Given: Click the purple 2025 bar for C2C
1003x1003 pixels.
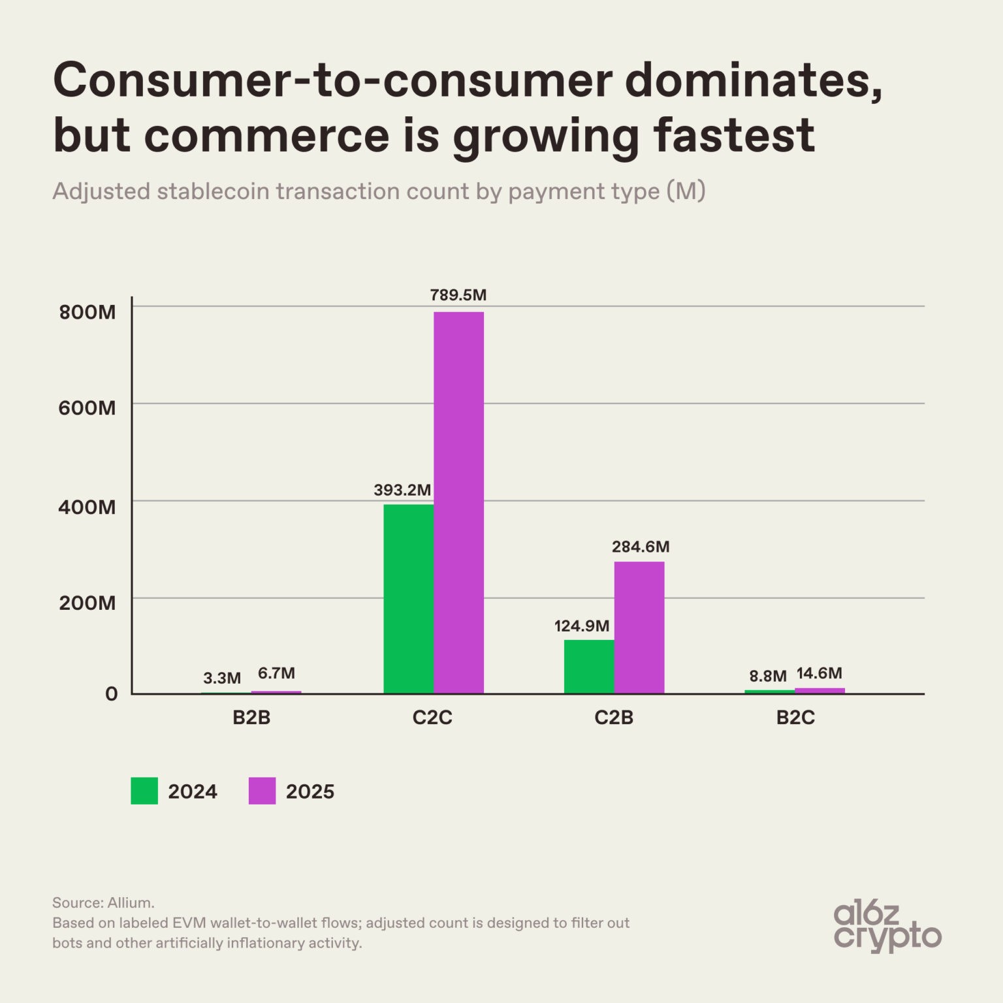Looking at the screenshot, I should (458, 503).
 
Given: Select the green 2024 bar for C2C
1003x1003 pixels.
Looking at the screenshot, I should (408, 599).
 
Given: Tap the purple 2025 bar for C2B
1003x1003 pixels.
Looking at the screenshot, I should (639, 628).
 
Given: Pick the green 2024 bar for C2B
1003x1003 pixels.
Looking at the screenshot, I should (589, 667).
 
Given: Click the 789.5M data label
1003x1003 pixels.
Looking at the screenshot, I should (458, 295).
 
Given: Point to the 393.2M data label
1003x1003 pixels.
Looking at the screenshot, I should (402, 490).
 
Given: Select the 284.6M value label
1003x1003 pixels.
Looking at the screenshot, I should (641, 547).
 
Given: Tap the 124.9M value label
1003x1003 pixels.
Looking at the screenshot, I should (582, 626).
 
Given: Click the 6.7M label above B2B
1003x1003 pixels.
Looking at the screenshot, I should (276, 673).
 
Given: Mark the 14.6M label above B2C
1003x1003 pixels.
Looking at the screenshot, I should (820, 673).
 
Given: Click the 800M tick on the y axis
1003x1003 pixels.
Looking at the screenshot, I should (88, 312).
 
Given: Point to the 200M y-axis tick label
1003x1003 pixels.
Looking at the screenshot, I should (88, 603).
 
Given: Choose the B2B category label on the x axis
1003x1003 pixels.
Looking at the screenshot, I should (251, 718).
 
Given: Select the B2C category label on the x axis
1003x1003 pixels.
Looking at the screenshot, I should (795, 718).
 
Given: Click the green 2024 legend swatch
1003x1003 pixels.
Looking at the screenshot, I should (144, 791).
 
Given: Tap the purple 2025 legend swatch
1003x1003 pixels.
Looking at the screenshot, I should (263, 791).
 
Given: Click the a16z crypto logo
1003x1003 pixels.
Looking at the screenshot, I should (887, 927).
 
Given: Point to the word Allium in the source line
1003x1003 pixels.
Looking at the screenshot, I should (131, 903).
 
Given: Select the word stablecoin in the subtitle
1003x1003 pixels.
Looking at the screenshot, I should (213, 191).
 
